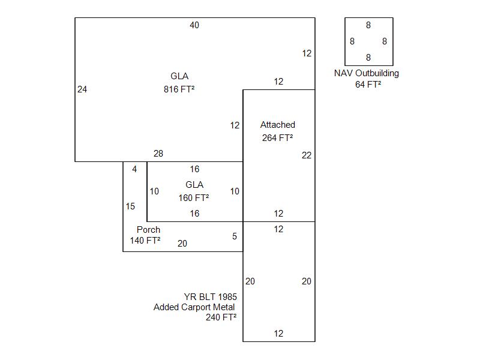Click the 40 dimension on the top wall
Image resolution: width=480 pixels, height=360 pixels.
[194, 25]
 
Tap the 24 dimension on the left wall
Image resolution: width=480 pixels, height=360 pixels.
[82, 89]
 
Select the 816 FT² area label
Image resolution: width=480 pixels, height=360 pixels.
[179, 89]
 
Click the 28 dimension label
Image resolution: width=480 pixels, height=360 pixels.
[158, 154]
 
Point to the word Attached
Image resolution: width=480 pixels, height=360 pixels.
[278, 125]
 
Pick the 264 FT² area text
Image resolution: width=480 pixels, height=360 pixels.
[278, 137]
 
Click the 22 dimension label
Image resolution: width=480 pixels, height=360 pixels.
[307, 155]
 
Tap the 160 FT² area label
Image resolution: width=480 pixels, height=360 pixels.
[194, 197]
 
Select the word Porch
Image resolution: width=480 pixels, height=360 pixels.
[148, 230]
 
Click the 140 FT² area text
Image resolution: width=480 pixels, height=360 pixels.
[145, 241]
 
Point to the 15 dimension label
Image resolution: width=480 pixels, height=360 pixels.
[130, 206]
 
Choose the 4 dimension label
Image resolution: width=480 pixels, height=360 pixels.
[134, 169]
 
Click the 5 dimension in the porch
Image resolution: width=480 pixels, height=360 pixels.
[235, 236]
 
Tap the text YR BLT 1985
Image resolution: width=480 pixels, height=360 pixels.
[210, 296]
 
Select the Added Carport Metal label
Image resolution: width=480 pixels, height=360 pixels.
[194, 307]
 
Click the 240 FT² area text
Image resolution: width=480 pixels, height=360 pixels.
[221, 318]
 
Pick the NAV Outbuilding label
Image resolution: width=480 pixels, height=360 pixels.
[367, 73]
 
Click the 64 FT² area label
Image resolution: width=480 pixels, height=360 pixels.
[368, 85]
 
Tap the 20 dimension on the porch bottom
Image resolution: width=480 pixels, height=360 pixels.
[182, 244]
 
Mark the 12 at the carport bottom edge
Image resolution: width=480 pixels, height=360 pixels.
[278, 334]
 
